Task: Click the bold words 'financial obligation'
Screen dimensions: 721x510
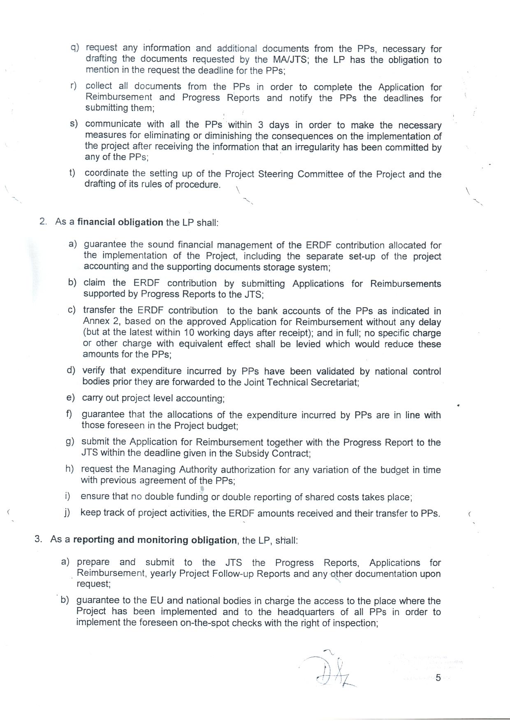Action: coord(120,222)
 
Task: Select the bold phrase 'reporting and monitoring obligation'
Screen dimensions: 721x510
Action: coord(155,540)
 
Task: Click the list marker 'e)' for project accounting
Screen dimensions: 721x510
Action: coord(70,397)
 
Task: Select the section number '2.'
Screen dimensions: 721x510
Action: coord(43,221)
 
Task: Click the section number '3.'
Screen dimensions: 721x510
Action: coord(38,539)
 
